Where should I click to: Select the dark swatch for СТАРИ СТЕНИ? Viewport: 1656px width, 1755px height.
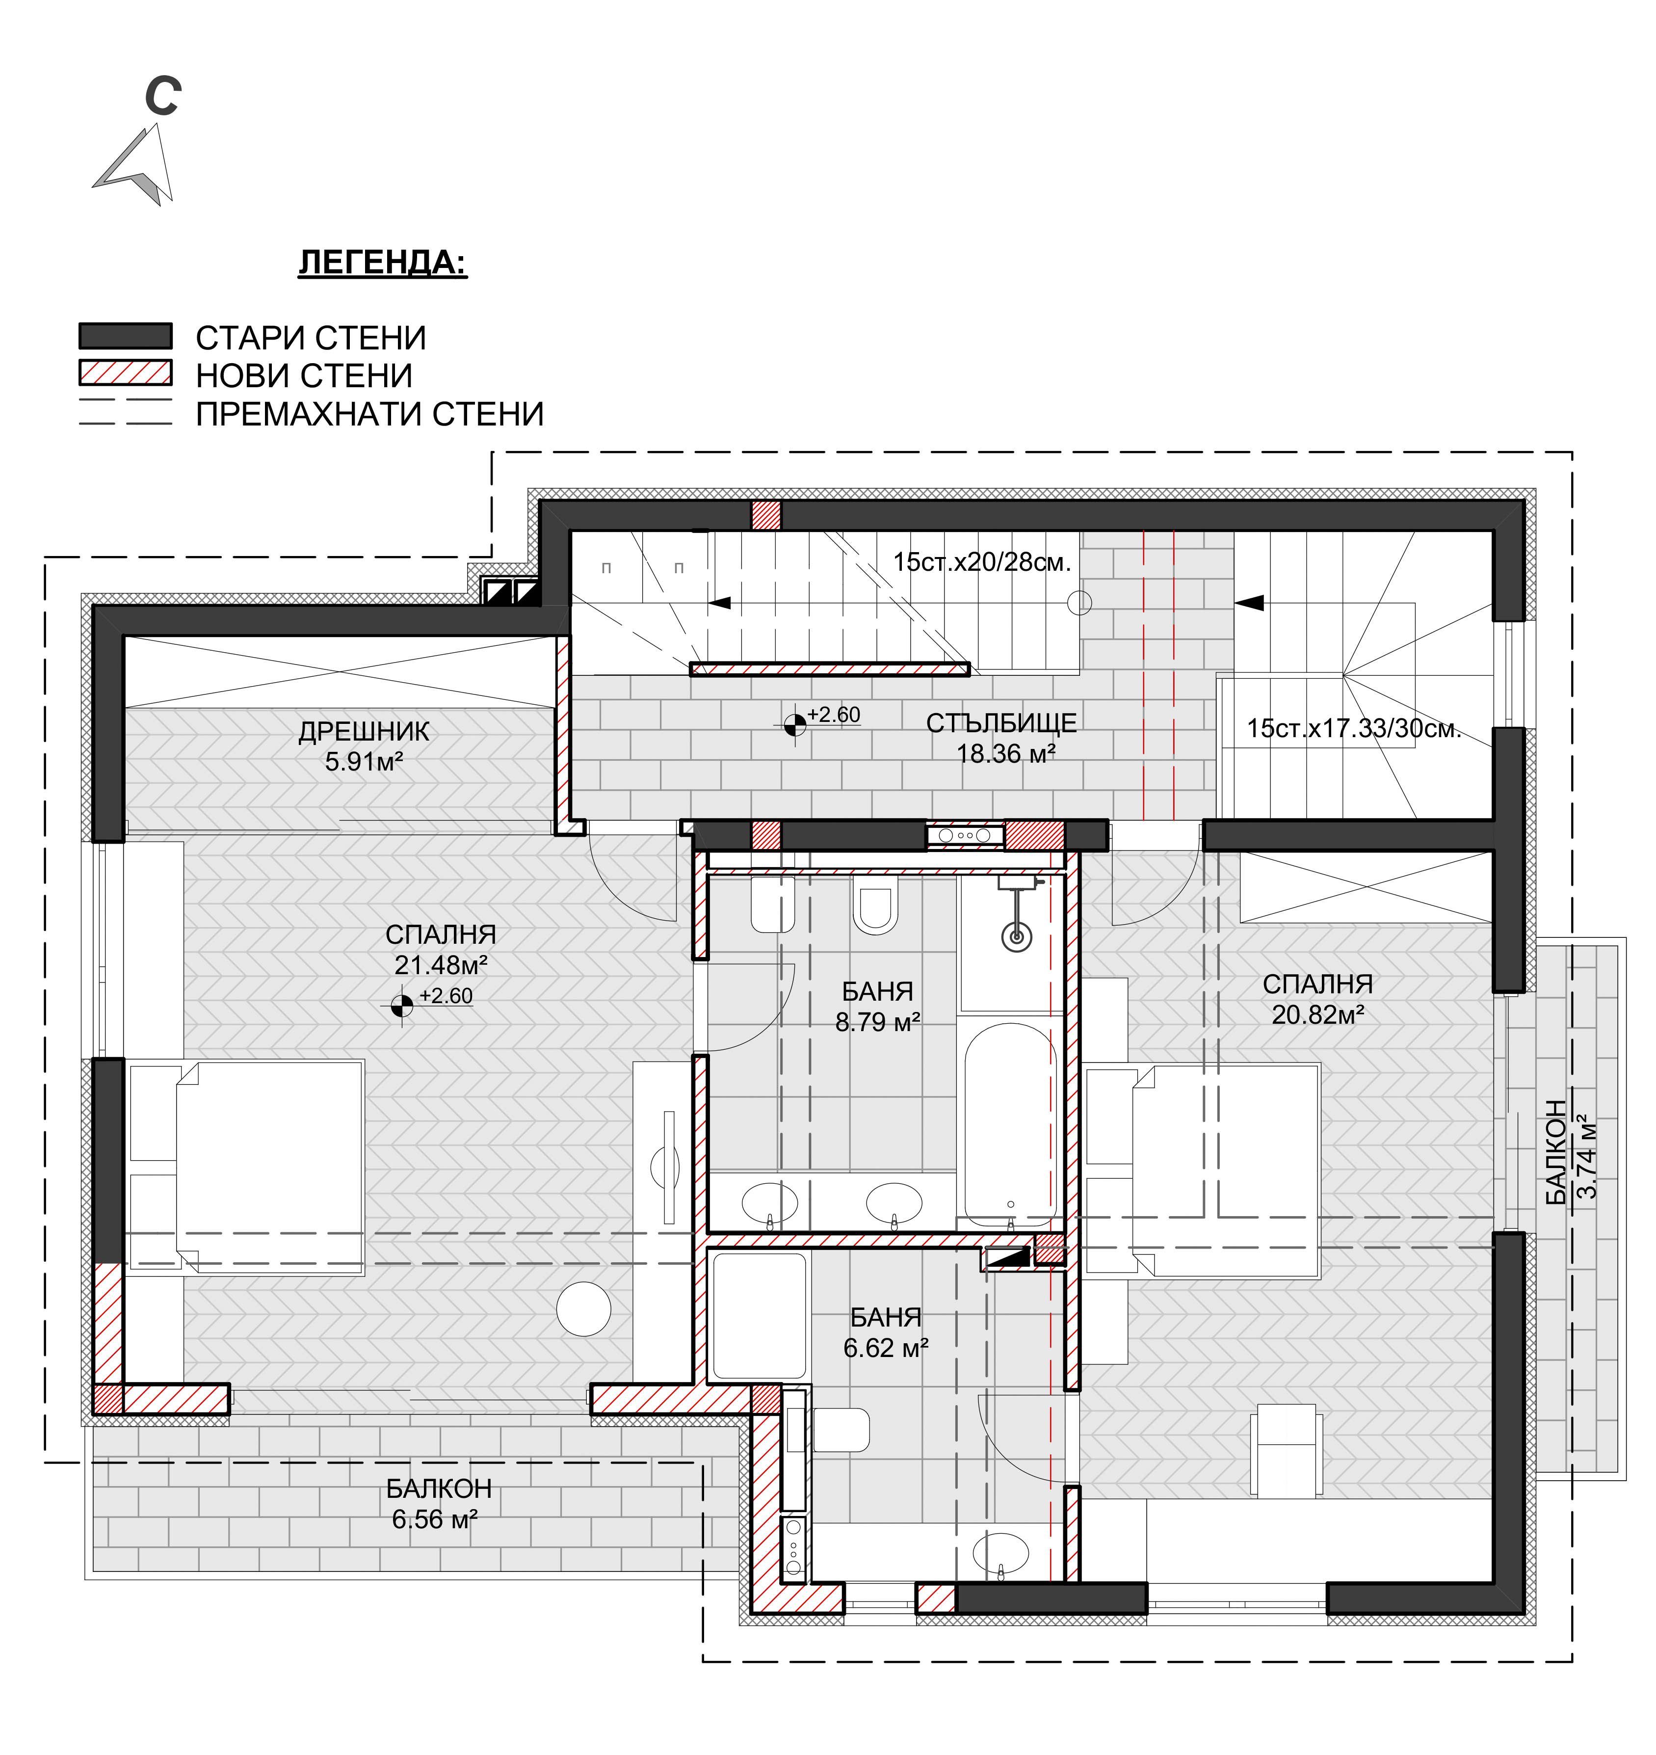(125, 336)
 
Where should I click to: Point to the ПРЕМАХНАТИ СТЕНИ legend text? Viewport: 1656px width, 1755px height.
(370, 414)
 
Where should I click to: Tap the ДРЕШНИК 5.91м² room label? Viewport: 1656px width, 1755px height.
(364, 746)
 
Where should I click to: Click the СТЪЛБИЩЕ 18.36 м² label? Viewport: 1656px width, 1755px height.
(1002, 738)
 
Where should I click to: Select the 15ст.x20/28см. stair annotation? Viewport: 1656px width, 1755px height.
(982, 561)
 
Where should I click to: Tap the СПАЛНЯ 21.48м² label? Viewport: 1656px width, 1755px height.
(441, 949)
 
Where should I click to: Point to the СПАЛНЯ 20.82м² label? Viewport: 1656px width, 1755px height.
(1317, 998)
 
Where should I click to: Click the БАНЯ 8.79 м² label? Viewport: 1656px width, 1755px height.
(877, 1007)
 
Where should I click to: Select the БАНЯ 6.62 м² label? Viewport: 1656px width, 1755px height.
(885, 1332)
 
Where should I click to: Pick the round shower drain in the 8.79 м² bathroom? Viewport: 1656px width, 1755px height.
(1017, 936)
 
